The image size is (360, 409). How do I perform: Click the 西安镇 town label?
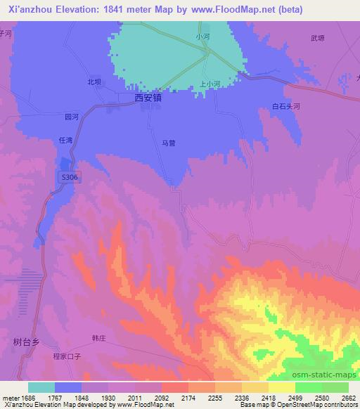(148, 99)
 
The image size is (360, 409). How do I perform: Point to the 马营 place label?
(168, 143)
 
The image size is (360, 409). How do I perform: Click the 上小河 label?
(210, 82)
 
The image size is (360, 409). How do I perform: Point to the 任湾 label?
(66, 141)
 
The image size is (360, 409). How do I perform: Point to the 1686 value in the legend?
(24, 397)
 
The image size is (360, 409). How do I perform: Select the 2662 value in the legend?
(349, 397)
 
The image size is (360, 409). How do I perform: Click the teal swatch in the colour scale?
(41, 387)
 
